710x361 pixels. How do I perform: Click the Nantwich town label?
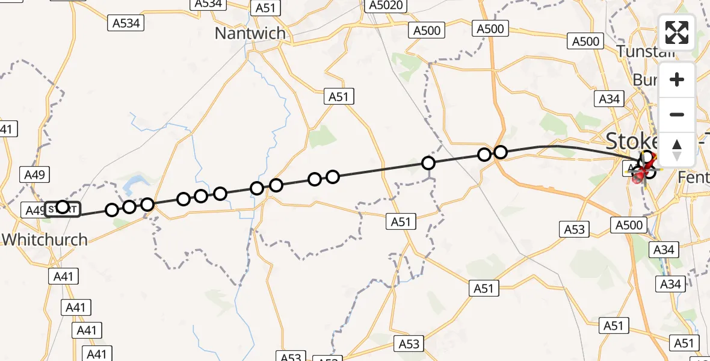(x=250, y=33)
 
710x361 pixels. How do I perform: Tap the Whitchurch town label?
(x=45, y=239)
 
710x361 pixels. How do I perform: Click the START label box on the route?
(x=63, y=209)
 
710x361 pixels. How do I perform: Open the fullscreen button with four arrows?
(x=677, y=32)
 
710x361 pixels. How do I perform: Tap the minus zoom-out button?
(x=677, y=114)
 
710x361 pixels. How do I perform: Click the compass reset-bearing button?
(x=677, y=149)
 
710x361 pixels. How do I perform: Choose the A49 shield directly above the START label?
(x=35, y=175)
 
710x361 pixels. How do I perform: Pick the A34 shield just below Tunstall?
(x=610, y=99)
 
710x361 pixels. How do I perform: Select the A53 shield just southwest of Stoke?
(x=575, y=229)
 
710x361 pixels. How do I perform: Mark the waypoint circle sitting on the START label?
(x=63, y=207)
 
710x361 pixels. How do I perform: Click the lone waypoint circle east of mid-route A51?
(x=428, y=163)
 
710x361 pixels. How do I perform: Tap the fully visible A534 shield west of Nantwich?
(x=126, y=23)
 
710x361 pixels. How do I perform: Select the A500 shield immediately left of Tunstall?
(x=585, y=41)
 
